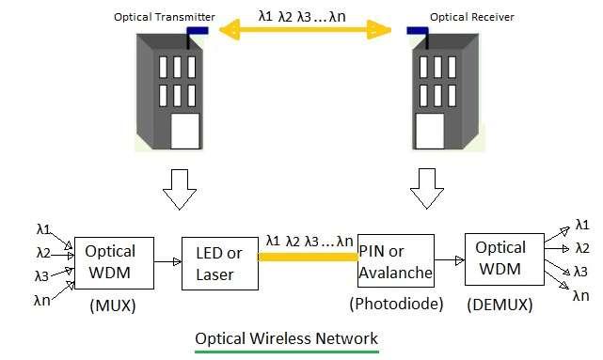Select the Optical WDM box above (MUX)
[111, 262]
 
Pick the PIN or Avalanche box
[396, 261]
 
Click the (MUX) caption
[112, 305]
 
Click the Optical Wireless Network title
[286, 337]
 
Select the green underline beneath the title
[286, 352]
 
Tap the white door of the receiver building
[433, 131]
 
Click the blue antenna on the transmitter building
[198, 30]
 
